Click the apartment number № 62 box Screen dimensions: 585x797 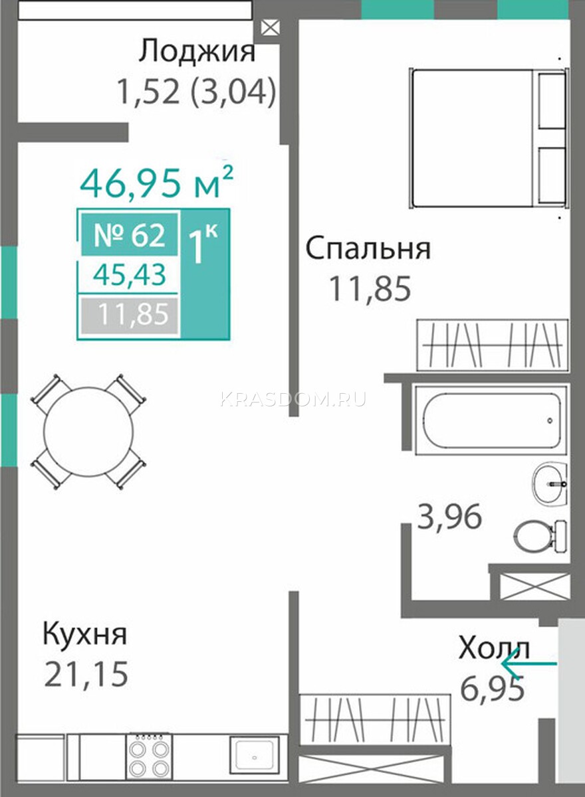130,234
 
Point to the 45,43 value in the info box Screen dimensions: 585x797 130,275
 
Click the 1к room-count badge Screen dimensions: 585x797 205,274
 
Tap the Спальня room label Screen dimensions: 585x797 368,248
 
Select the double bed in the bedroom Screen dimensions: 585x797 488,138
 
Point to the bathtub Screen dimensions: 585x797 492,420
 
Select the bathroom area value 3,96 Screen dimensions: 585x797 449,516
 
